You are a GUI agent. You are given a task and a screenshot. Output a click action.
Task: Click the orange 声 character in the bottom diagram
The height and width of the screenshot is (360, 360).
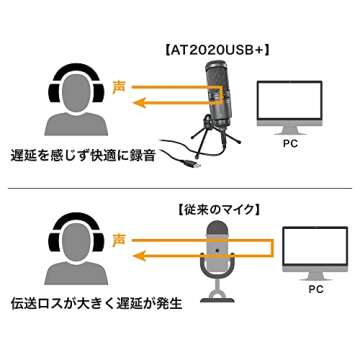click(121, 241)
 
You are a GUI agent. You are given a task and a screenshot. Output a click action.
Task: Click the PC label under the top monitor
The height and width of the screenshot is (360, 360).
click(289, 144)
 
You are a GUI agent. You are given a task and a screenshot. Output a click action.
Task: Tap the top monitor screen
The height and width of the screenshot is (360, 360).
click(289, 100)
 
